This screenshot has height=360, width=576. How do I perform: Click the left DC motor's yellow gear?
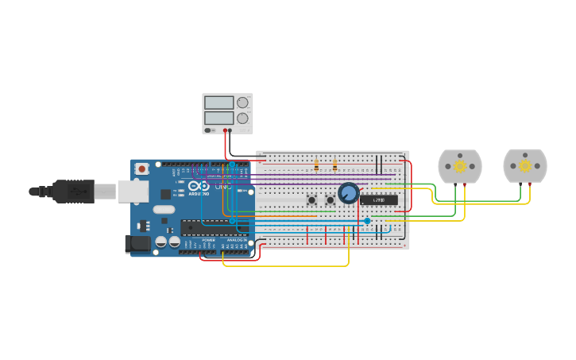click(460, 166)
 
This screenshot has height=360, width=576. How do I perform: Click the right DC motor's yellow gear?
click(525, 166)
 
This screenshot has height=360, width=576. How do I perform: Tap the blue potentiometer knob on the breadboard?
click(348, 193)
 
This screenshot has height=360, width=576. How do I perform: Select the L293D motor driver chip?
click(379, 200)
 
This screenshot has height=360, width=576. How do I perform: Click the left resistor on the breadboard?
click(316, 165)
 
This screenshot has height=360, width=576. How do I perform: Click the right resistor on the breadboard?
click(334, 165)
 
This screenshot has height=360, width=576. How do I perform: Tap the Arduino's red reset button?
click(142, 168)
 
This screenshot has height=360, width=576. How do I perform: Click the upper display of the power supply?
click(219, 103)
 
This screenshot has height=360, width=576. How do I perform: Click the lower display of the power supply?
click(219, 118)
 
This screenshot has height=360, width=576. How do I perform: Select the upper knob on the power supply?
click(242, 103)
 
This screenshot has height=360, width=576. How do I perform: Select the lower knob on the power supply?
click(242, 118)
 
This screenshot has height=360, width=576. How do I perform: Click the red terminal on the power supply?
click(225, 130)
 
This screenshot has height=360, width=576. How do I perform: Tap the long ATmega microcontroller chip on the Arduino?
click(213, 227)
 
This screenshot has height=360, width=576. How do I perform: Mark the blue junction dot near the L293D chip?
click(367, 221)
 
